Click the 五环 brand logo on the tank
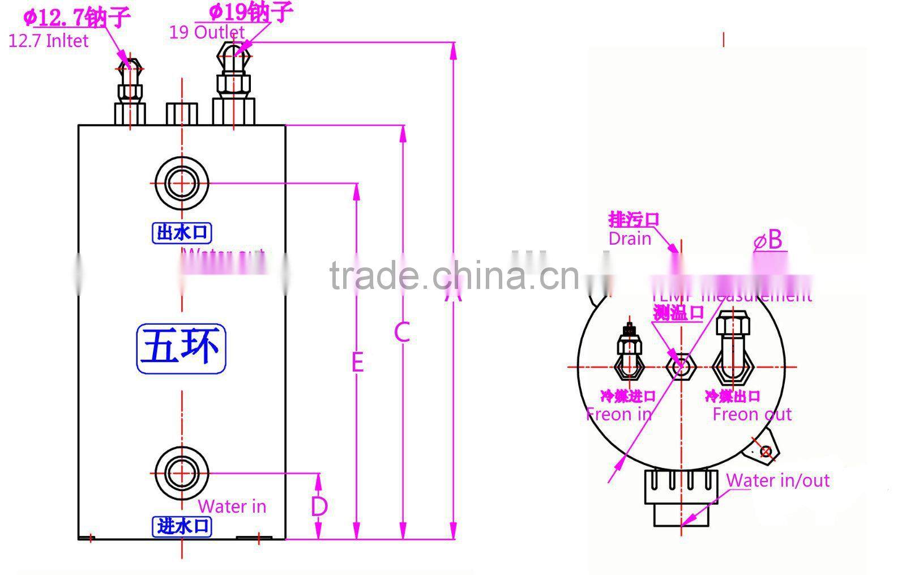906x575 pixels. point(181,348)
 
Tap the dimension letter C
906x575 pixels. point(401,333)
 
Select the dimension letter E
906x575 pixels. point(357,362)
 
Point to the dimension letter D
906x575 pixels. point(319,506)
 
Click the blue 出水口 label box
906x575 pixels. point(182,233)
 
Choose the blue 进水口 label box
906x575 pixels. point(182,526)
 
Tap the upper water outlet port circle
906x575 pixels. point(182,184)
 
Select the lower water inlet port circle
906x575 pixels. point(182,473)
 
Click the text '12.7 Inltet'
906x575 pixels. point(49,41)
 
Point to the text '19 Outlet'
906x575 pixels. point(207,32)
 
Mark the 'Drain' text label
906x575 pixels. point(630,238)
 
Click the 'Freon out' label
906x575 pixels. point(752,414)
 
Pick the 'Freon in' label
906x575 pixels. point(619,414)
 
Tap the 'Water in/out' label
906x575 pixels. point(777,480)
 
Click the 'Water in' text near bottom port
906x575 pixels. point(232,506)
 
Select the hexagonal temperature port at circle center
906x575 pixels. point(681,367)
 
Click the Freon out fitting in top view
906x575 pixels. point(733,351)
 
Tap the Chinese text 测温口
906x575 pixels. point(678,312)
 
